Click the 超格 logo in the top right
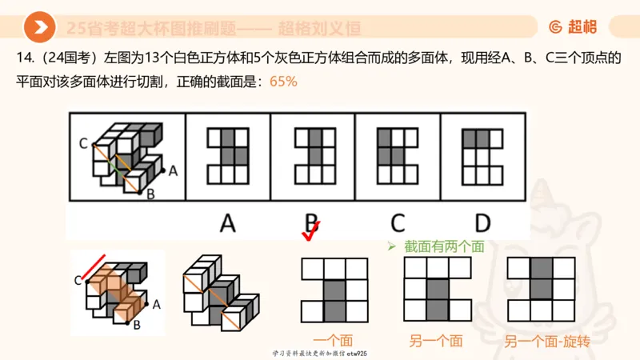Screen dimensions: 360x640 (x=573, y=27)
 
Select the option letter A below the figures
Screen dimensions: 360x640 (x=228, y=223)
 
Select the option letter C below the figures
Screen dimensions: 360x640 (x=398, y=223)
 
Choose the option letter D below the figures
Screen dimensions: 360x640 (x=482, y=223)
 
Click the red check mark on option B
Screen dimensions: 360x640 (x=310, y=230)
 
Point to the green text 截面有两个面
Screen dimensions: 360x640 (x=442, y=247)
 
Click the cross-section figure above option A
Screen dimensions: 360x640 (x=228, y=156)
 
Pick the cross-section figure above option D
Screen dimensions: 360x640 (x=482, y=156)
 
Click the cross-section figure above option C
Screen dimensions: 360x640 (x=398, y=156)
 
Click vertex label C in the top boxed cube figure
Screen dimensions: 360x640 (x=83, y=144)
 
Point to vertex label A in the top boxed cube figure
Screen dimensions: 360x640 (x=172, y=170)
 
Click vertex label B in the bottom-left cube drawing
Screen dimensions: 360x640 (x=137, y=324)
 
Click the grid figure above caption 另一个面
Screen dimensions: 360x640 (x=436, y=289)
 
